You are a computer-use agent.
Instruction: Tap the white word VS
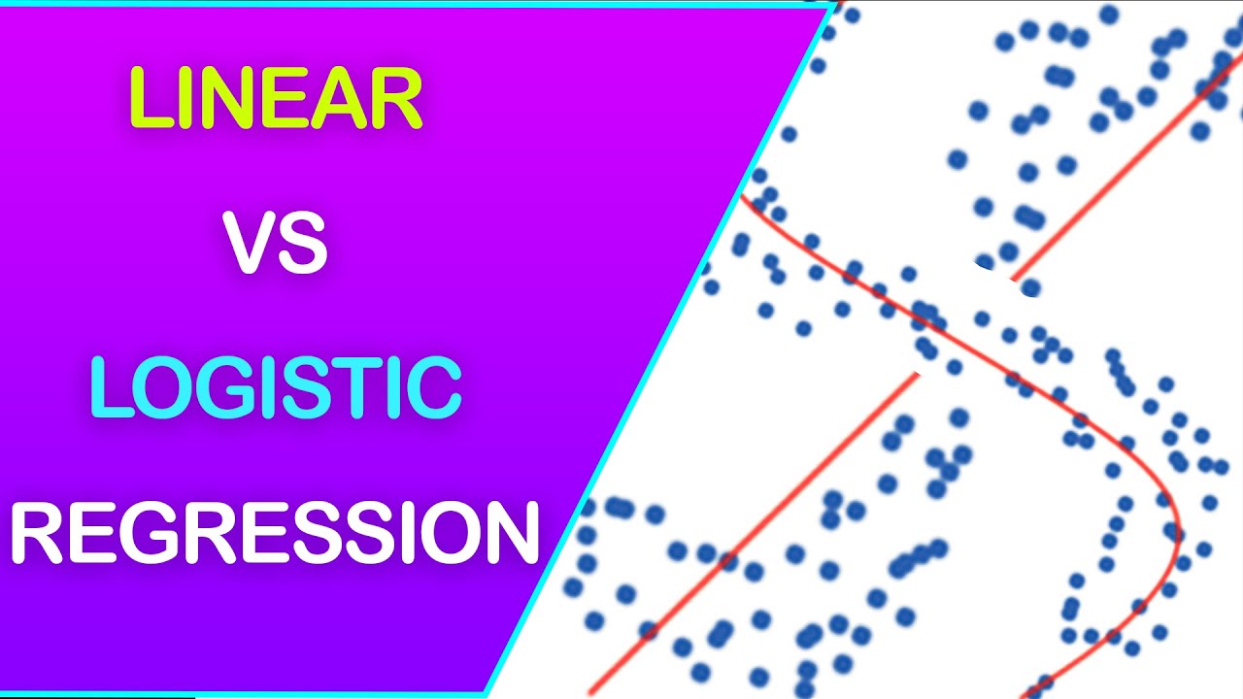click(x=276, y=243)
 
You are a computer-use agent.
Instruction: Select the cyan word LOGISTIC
click(x=276, y=386)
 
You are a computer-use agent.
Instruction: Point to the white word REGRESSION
click(x=276, y=531)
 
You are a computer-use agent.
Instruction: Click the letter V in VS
click(x=249, y=243)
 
